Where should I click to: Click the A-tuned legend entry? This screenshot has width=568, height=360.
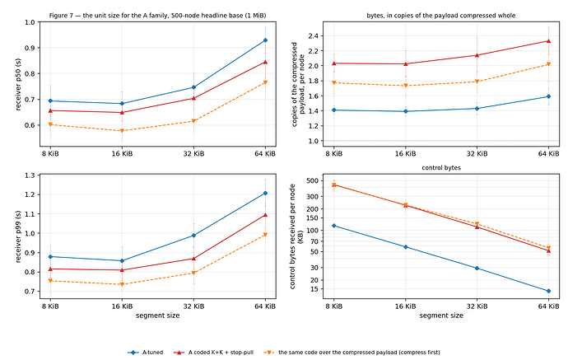[x=145, y=352]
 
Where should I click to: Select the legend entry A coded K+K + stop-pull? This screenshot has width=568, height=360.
[x=213, y=352]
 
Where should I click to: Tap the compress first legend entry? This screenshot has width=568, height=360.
[x=352, y=352]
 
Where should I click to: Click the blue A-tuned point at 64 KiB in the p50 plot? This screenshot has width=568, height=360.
[x=265, y=40]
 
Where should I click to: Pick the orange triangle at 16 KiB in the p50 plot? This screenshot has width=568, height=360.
[x=122, y=131]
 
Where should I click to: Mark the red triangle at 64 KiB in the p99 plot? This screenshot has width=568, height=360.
[x=265, y=215]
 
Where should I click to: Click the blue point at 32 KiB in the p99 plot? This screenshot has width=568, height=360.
[x=193, y=236]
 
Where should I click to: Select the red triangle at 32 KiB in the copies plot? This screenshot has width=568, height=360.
[x=477, y=55]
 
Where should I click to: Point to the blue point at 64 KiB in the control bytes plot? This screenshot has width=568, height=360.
[x=548, y=291]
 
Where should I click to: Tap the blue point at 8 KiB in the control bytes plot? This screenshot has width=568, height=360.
[x=334, y=226]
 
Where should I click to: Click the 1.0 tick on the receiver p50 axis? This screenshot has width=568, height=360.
[x=30, y=22]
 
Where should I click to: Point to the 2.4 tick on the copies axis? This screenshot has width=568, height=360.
[x=313, y=36]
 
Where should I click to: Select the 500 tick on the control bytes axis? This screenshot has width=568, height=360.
[x=312, y=180]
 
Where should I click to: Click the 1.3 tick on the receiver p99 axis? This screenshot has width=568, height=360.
[x=30, y=175]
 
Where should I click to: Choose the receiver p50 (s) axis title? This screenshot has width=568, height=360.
[x=18, y=84]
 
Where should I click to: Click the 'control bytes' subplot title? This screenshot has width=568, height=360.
[x=441, y=168]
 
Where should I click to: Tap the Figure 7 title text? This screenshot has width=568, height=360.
[x=157, y=16]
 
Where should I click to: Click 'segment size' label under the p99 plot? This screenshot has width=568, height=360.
[x=157, y=316]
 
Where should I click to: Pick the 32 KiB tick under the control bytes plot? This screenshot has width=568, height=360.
[x=477, y=306]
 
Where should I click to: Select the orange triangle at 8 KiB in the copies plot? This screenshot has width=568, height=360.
[x=334, y=83]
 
